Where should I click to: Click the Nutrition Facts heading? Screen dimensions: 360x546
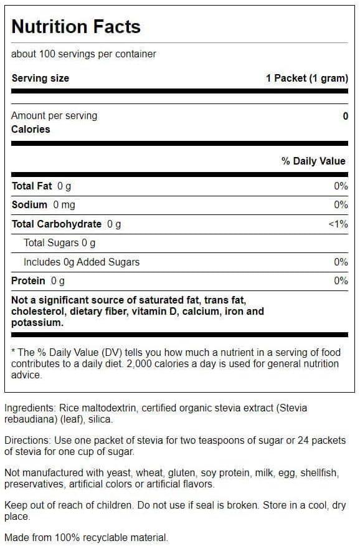coord(76,26)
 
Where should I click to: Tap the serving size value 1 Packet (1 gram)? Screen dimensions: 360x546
coord(306,78)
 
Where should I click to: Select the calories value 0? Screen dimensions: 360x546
coord(345,116)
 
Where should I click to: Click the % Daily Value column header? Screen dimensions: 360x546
coord(313,161)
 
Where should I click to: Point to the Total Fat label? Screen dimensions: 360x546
coord(32,186)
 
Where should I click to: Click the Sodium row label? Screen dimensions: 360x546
coord(29,204)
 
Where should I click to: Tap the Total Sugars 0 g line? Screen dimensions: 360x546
coord(59,242)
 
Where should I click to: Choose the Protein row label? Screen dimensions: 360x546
coord(28,280)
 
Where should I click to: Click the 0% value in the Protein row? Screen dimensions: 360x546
coord(341,280)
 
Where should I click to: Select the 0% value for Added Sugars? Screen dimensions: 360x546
coord(341,262)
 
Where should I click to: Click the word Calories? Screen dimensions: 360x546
coord(31,129)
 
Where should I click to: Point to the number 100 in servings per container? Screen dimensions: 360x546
coord(47,54)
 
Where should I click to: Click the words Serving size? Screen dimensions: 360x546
coord(40,78)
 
